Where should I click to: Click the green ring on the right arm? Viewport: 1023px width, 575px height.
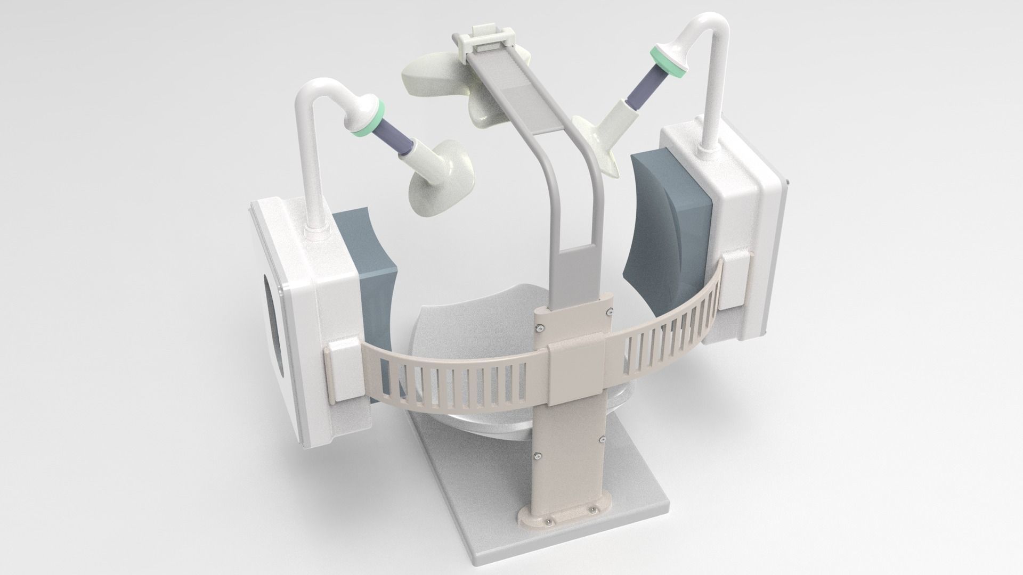[x=663, y=60]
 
